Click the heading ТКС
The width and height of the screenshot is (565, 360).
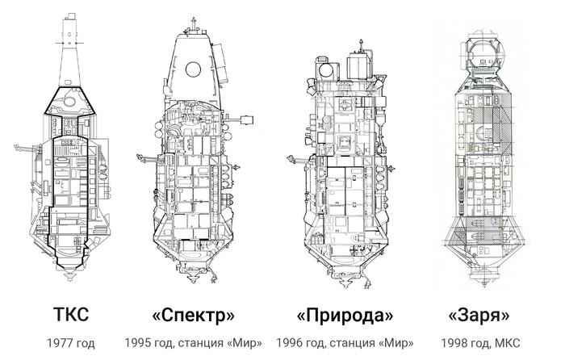tap(71, 314)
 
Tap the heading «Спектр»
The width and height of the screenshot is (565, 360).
tap(193, 316)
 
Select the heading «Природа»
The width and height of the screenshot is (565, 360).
tap(345, 316)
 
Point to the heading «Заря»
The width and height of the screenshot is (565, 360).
tap(479, 316)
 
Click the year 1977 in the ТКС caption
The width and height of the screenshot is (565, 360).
tap(57, 343)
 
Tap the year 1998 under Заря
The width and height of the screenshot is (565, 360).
tap(452, 343)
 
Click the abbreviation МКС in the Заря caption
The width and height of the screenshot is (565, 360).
tap(508, 343)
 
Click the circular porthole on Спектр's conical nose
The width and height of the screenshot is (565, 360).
tap(193, 69)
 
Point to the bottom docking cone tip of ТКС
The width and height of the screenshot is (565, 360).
tap(70, 278)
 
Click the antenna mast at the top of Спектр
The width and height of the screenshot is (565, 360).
tap(194, 25)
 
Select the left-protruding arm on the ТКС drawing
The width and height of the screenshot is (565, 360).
tap(25, 148)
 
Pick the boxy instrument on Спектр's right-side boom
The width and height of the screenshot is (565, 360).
tap(246, 119)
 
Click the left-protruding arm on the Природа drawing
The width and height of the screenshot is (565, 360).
tap(299, 158)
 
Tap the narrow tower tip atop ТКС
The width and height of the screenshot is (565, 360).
tap(71, 17)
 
